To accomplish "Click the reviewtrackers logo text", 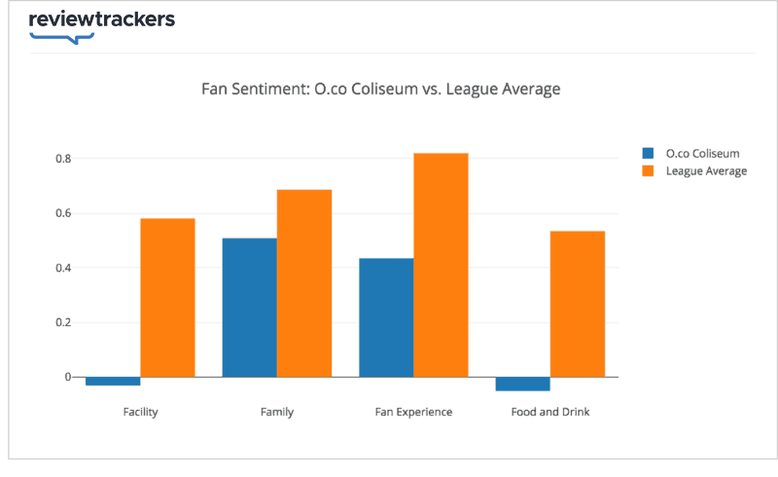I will coord(101,20).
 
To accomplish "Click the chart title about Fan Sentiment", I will coord(380,90).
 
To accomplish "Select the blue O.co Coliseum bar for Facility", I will coord(113,381).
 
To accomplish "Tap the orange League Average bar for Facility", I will coord(167,297).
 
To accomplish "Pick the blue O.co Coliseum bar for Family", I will coord(250,307).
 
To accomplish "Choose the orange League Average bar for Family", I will coord(304,282).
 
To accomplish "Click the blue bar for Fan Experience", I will coord(386,317).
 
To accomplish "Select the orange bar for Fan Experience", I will coord(441,265).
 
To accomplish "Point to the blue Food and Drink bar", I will coord(522,384).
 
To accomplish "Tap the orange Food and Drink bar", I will coord(578,304).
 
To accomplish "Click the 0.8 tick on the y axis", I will coord(61,159).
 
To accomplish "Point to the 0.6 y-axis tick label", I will coord(61,213).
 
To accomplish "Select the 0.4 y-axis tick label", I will coord(61,268).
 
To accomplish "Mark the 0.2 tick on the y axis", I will coord(61,322).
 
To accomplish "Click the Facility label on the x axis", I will coord(141,412).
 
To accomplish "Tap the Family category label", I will coord(277,412).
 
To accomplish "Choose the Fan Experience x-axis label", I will coord(413,412).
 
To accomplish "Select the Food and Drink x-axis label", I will coord(550,412).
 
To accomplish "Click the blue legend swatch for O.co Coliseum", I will coord(648,153).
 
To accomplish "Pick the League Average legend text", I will coord(706,171).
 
